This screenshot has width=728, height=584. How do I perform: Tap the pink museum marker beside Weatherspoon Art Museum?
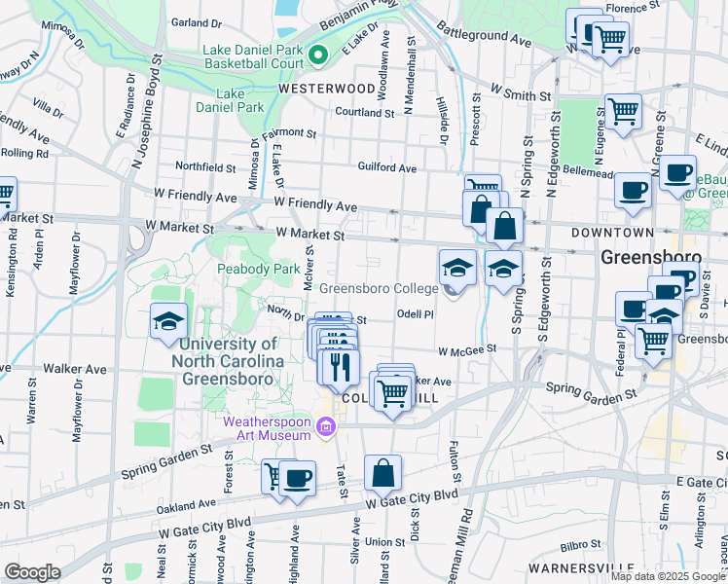[327, 425]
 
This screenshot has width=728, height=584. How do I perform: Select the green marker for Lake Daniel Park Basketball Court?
[320, 55]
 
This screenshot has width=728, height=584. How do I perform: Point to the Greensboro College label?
[379, 289]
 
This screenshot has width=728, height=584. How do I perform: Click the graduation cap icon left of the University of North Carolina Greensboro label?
[168, 321]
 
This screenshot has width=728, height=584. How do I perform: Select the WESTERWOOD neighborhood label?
[326, 89]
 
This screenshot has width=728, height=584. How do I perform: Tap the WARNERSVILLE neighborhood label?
[581, 566]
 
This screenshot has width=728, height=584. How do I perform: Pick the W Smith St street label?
[521, 92]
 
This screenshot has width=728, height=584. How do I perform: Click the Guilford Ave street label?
[387, 168]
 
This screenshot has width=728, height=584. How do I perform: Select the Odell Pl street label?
[415, 314]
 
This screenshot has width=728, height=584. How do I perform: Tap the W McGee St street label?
[467, 349]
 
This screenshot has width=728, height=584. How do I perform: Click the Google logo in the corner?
[32, 572]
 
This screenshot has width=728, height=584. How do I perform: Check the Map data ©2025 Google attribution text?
[668, 576]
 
